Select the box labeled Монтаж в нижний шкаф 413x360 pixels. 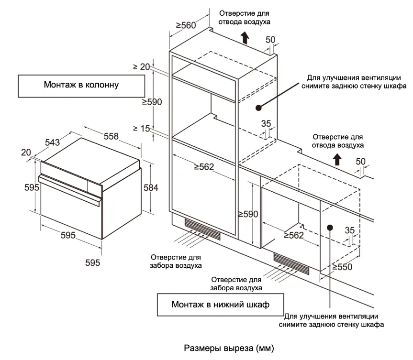coord(220,305)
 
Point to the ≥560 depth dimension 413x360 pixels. coord(186,25)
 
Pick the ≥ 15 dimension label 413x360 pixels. coord(142,128)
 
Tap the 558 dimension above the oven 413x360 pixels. coord(111,136)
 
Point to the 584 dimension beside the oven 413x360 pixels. coord(151,188)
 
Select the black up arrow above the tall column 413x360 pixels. coord(245,37)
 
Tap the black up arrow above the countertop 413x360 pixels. coord(337,159)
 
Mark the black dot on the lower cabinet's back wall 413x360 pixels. coord(330,226)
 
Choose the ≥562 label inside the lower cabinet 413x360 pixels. coord(294,235)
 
